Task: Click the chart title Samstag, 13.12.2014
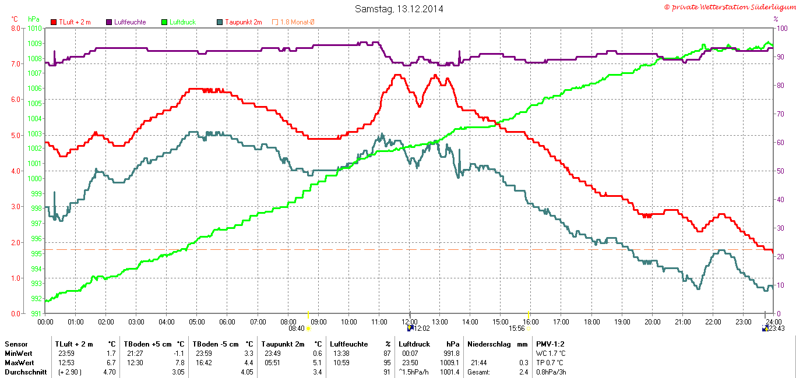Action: tap(399, 9)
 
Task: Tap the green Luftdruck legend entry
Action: tap(182, 22)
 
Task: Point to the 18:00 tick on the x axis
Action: tap(591, 322)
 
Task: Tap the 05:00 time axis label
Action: tap(197, 322)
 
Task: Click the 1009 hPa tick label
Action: tap(34, 43)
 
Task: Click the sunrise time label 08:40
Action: tap(297, 328)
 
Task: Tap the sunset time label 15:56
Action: tap(517, 328)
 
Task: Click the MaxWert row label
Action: tap(19, 363)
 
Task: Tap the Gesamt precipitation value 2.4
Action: tap(523, 372)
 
